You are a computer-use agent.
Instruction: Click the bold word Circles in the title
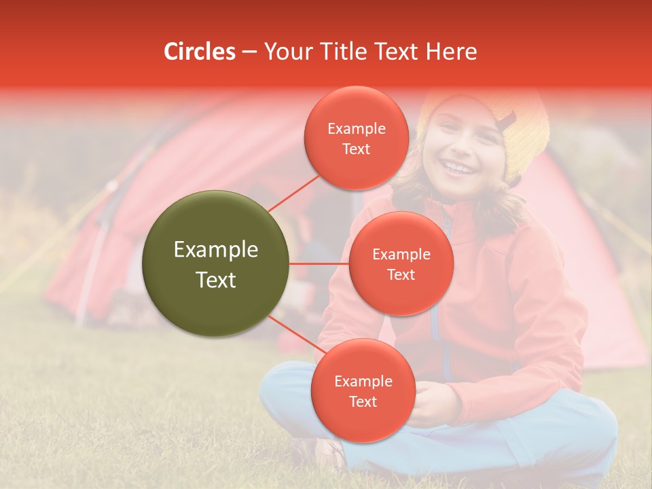tap(200, 52)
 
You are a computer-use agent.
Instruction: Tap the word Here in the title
tap(451, 52)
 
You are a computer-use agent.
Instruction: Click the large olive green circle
tap(215, 264)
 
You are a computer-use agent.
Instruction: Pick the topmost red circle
tap(356, 138)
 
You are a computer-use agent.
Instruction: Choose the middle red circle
tap(401, 264)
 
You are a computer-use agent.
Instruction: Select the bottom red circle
tap(363, 391)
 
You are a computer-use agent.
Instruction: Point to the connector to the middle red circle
tap(319, 264)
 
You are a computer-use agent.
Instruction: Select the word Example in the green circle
tap(215, 250)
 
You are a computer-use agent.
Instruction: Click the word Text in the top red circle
tap(356, 149)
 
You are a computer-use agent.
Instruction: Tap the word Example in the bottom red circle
tap(363, 382)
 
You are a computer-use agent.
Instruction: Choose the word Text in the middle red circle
tap(401, 275)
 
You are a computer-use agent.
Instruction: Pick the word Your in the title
tap(287, 52)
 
